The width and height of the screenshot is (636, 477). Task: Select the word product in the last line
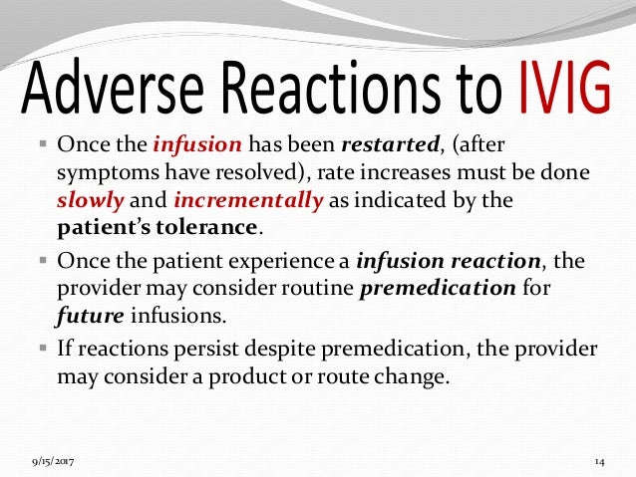(278, 378)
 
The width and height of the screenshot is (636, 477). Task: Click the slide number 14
(600, 462)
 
